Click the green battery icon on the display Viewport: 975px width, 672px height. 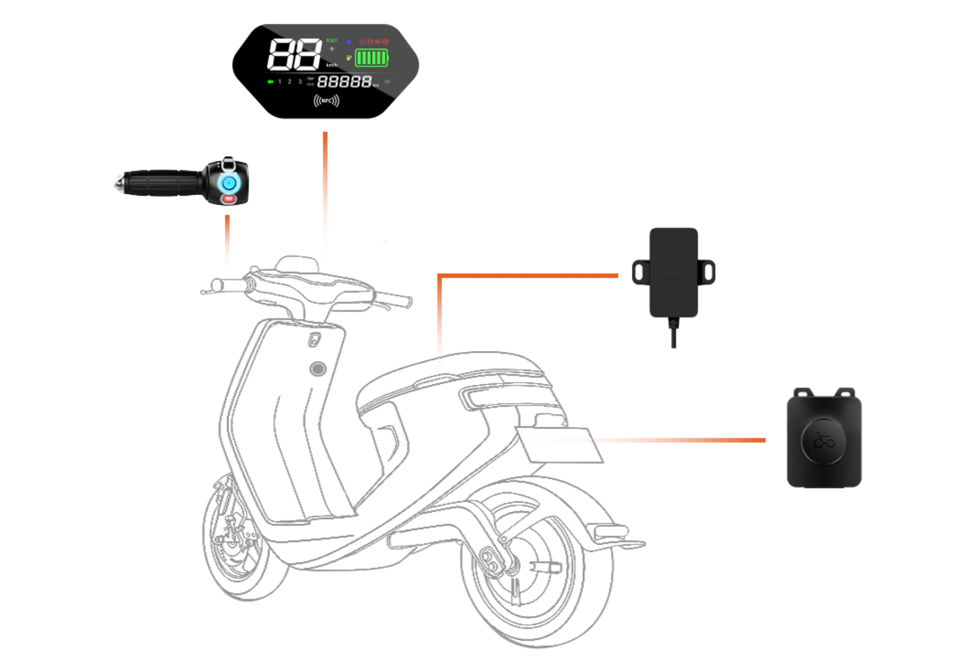[x=371, y=58]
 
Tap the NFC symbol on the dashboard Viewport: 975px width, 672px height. [x=326, y=101]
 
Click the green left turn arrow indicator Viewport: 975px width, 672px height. [x=270, y=82]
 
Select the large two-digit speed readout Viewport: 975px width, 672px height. [x=294, y=54]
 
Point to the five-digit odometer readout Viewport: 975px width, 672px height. [x=344, y=82]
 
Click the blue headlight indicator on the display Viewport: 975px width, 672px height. [x=348, y=42]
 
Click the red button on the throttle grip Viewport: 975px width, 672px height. [x=229, y=199]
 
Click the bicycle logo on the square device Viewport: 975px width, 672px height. [x=824, y=442]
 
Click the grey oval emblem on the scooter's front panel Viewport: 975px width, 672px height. [x=318, y=369]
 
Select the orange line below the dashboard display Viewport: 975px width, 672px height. [x=325, y=199]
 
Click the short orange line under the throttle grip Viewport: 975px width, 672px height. [x=227, y=244]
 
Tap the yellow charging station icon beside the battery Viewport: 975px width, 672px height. [x=349, y=58]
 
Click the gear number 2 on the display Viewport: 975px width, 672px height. [x=290, y=82]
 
